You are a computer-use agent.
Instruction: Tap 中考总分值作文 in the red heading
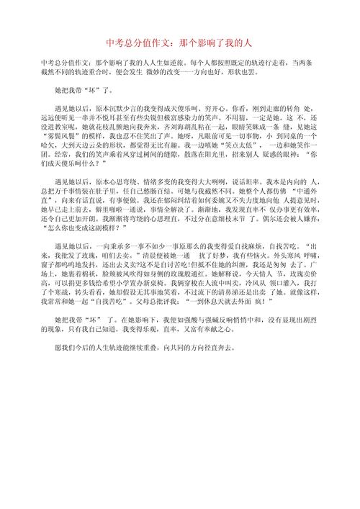[138, 42]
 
